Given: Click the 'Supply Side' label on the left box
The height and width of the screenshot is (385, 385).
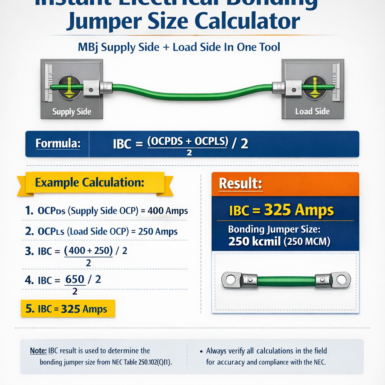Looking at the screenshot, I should tap(72, 112).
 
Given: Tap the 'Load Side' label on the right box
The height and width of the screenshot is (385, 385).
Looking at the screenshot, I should tap(312, 111).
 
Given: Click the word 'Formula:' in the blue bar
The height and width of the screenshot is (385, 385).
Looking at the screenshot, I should tap(58, 144).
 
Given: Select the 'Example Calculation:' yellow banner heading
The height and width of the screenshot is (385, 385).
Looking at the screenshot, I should tap(89, 183).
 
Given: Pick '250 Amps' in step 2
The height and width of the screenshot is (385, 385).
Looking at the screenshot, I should tap(158, 232).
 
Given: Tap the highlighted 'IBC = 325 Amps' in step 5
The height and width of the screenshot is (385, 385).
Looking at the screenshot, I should tap(68, 309).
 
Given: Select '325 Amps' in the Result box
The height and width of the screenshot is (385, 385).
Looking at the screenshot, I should tap(299, 211).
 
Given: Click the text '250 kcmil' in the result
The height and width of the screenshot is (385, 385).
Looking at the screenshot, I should tap(255, 241).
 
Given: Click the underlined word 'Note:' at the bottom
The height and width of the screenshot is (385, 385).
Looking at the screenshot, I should tap(38, 351).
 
